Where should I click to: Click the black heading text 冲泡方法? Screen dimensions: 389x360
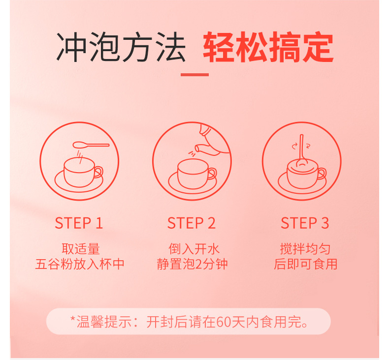tap(121, 47)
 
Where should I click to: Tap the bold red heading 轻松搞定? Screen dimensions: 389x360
tap(268, 47)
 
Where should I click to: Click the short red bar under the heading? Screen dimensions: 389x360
tap(194, 75)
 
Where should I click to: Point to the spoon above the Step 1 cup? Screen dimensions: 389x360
tap(91, 145)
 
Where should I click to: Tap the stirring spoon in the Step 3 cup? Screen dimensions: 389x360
tap(302, 151)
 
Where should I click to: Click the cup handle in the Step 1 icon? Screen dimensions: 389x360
tap(98, 172)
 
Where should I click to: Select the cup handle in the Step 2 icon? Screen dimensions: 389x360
tap(212, 174)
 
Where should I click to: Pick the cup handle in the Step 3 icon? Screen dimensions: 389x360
tap(322, 174)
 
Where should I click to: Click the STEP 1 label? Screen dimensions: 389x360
tap(79, 223)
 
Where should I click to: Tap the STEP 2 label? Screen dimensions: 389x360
tap(192, 223)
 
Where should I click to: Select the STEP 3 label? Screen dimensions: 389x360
tap(305, 223)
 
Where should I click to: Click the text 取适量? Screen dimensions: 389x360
tap(81, 249)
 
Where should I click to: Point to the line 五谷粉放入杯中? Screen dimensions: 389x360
tap(80, 264)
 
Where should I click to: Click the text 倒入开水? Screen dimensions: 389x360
tap(194, 249)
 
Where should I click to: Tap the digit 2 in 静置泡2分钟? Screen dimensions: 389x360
tap(199, 265)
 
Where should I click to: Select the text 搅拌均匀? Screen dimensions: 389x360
tap(305, 249)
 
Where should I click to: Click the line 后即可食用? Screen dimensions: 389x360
tap(306, 264)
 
